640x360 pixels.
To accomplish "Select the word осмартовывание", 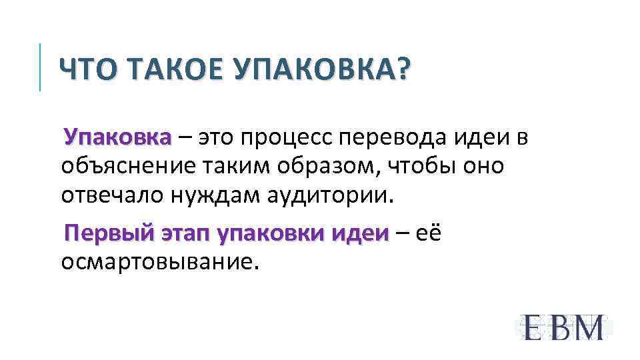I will click(x=159, y=262).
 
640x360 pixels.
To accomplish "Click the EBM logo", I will click(x=563, y=327).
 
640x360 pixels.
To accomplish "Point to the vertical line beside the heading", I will click(x=41, y=67).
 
